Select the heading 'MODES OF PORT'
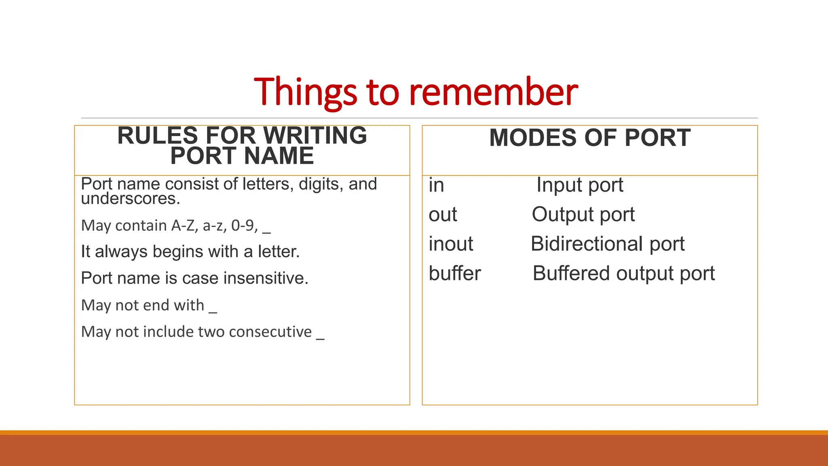[589, 138]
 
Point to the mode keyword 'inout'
[451, 244]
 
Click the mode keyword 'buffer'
[455, 273]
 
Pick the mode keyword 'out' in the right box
[443, 214]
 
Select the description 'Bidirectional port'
[607, 244]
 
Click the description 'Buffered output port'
[623, 273]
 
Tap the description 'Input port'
[579, 185]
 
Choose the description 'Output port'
[583, 214]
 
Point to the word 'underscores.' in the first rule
[130, 199]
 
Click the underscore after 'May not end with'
[213, 311]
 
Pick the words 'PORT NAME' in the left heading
[242, 156]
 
